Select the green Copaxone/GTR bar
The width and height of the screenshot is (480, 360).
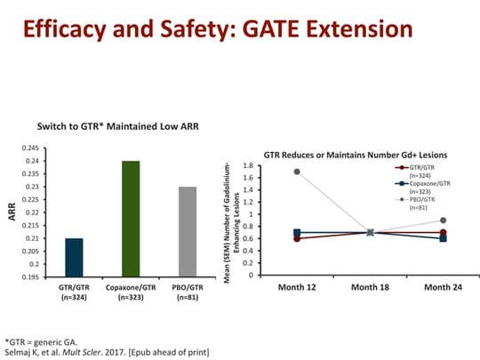pos(131,219)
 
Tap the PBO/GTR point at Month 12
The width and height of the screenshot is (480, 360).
pos(296,172)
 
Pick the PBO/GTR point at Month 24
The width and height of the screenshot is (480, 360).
pos(443,220)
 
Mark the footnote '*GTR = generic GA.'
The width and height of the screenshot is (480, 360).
pos(42,340)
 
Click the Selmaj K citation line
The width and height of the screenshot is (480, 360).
pos(107,351)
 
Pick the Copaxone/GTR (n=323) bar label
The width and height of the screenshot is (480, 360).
pos(131,293)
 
